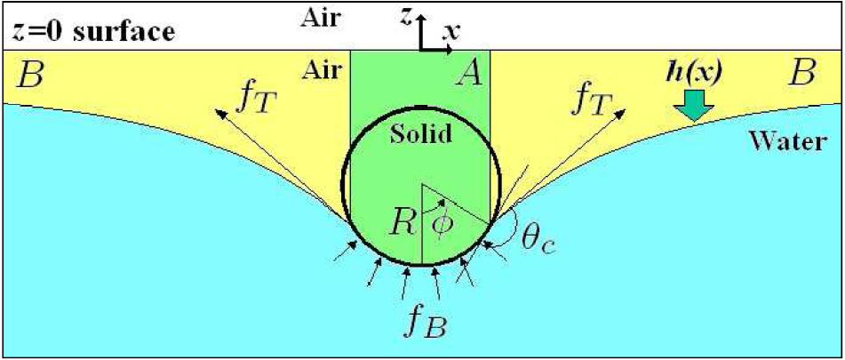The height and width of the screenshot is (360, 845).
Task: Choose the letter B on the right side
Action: coord(801,73)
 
